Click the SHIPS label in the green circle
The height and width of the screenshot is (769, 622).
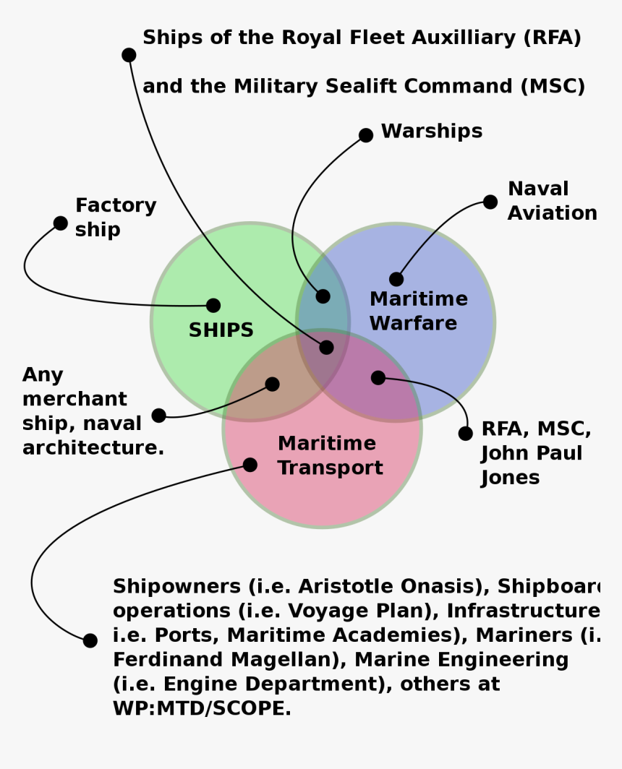point(221,330)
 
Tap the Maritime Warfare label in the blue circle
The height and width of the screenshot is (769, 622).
point(418,311)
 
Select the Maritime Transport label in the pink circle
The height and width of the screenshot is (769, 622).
point(330,455)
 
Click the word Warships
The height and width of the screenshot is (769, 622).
point(431,132)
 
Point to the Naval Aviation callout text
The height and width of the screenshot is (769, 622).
point(552,201)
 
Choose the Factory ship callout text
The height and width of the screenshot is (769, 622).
point(115,218)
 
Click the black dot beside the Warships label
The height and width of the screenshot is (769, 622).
point(366,135)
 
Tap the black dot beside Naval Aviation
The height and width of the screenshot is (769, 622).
point(490,202)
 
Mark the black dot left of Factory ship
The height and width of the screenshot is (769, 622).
point(61,223)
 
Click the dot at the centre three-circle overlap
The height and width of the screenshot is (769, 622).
point(326,348)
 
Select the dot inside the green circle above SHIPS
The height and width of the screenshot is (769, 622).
point(213,305)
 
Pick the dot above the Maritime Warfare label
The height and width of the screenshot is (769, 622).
point(396,279)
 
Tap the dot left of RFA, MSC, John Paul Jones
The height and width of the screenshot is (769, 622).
point(466,434)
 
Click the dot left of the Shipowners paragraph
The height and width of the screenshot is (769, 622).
point(90,640)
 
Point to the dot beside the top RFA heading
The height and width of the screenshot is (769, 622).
point(129,55)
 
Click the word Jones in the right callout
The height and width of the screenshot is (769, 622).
point(510,478)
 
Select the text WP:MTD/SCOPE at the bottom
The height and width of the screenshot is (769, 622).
point(202,708)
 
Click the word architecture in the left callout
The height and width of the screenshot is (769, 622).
point(93,448)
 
